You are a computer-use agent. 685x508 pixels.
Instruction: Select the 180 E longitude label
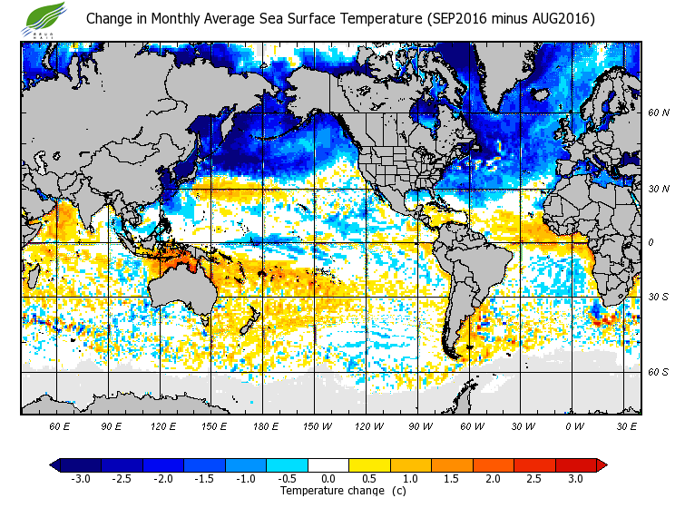[x=265, y=425]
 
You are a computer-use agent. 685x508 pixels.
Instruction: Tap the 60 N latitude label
[x=659, y=113]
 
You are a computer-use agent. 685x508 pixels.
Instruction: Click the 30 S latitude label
[x=659, y=298]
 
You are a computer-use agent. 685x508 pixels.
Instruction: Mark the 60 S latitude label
[x=659, y=372]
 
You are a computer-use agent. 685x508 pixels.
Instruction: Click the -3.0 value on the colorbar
[x=81, y=479]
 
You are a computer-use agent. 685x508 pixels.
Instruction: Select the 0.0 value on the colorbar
[x=328, y=479]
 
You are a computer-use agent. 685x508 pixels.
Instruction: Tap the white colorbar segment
[x=328, y=465]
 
